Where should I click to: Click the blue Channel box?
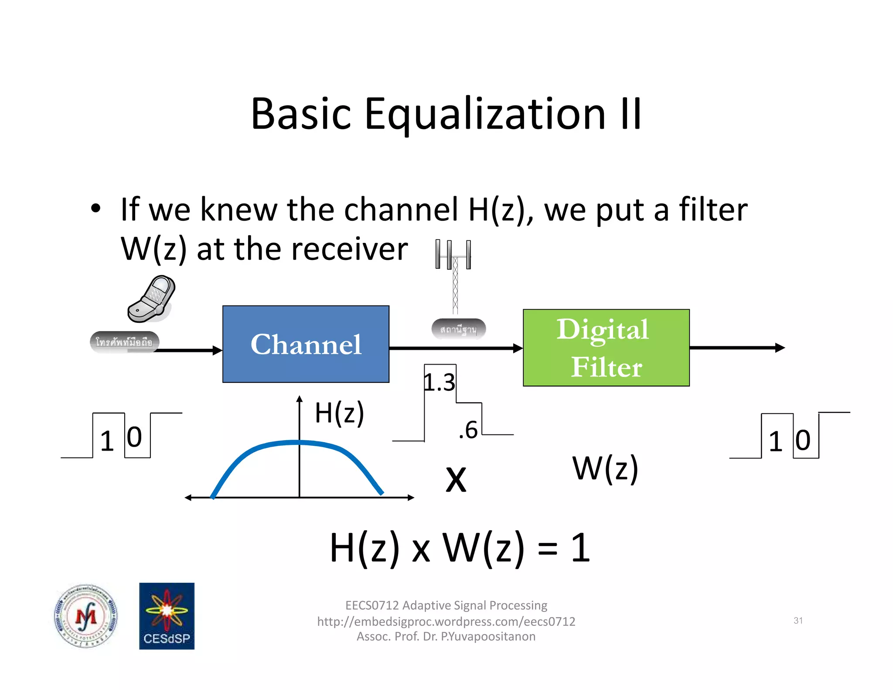point(306,344)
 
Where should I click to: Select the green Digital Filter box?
point(606,348)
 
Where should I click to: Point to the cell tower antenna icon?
point(454,275)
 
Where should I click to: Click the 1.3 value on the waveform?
point(440,383)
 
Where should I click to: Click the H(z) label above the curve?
point(339,413)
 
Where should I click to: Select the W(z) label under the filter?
point(605,468)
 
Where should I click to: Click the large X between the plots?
point(456,479)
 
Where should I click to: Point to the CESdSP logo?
point(167,616)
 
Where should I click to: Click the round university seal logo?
point(86,616)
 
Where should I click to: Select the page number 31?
point(798,620)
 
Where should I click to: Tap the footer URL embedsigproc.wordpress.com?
point(446,621)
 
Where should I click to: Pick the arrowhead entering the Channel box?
point(217,350)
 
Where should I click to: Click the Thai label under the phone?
point(124,342)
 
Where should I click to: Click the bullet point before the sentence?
point(96,208)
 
